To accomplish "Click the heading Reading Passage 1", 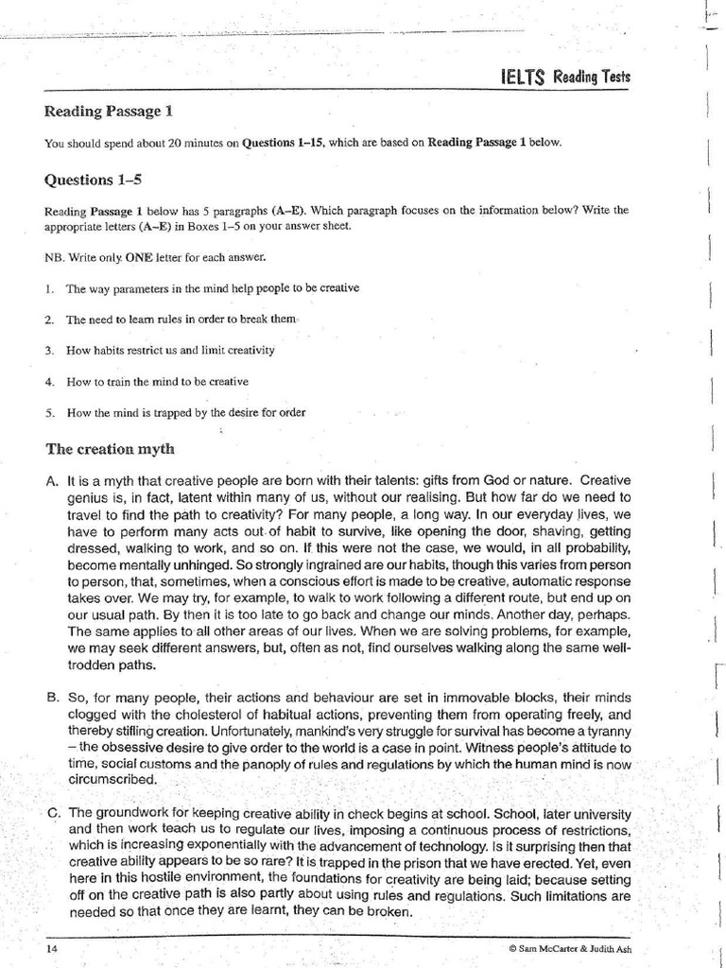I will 109,111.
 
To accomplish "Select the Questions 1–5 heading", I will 93,179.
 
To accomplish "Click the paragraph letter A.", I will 52,481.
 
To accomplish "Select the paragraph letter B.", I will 52,698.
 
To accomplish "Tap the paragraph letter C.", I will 53,812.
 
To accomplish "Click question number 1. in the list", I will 49,288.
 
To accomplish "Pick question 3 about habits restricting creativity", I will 169,350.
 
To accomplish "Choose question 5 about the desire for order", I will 185,412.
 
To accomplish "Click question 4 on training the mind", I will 157,381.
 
